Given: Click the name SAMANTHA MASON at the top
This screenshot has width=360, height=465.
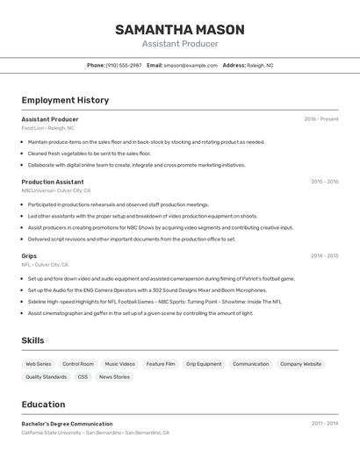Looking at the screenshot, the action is [x=179, y=30].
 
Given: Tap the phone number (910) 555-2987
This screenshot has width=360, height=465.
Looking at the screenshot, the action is [x=124, y=65].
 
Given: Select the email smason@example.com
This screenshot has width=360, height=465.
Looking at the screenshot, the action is [x=191, y=65].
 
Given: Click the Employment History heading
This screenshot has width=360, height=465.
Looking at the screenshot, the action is [x=65, y=100].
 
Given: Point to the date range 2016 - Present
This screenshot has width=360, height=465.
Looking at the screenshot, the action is [x=321, y=119].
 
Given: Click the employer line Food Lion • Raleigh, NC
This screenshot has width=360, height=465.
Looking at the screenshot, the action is [x=47, y=128].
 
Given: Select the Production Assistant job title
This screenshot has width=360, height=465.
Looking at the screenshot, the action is [x=53, y=182].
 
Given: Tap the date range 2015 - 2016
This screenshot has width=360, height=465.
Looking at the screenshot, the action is [x=324, y=182].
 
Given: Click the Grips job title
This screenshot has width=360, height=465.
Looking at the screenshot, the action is [x=29, y=255].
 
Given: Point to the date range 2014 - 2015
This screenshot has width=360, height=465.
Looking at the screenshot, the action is [x=324, y=255].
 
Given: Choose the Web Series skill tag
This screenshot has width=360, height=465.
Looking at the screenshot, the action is [x=39, y=363].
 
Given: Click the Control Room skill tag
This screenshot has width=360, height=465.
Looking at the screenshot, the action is [x=78, y=363].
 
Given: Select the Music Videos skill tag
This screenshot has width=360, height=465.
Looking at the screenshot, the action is [x=120, y=363].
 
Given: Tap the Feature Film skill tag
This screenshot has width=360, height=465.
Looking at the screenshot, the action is [x=161, y=363].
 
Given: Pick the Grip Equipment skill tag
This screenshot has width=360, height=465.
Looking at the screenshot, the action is [x=204, y=363].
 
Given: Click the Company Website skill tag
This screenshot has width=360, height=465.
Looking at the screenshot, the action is [x=300, y=363].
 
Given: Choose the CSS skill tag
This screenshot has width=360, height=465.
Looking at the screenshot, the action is [x=83, y=376].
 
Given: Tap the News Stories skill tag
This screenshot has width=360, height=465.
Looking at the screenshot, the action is [x=114, y=376].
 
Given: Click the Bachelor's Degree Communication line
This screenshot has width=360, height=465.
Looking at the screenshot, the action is [x=67, y=424].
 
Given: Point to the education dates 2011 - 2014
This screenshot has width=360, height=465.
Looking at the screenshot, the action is [x=324, y=424].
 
